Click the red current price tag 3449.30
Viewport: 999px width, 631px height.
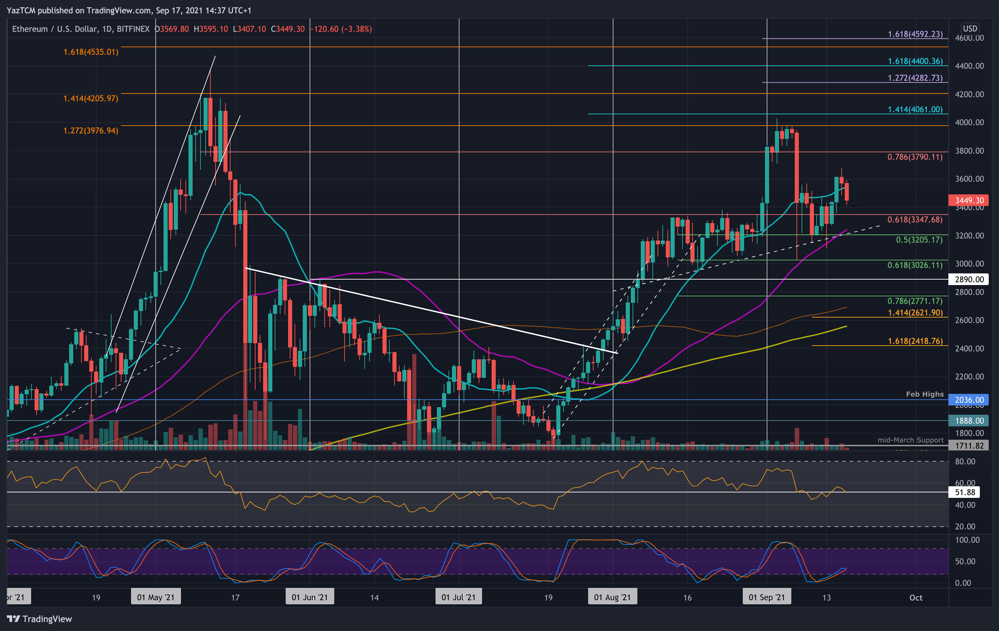(x=969, y=201)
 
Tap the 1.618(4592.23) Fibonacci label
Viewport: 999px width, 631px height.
(x=915, y=34)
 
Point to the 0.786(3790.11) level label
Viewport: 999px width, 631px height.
(x=914, y=157)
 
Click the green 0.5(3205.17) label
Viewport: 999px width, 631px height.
(x=919, y=240)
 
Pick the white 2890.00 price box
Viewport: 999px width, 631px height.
(x=969, y=279)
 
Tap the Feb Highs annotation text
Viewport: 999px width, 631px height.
(x=924, y=394)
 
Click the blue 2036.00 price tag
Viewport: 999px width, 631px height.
(x=969, y=400)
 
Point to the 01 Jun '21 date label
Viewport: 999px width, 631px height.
(x=310, y=597)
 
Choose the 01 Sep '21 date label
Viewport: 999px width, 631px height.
(x=766, y=597)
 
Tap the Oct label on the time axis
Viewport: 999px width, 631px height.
(x=916, y=597)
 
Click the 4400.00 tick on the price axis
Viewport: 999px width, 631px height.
(x=969, y=66)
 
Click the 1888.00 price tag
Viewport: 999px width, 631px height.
(x=969, y=420)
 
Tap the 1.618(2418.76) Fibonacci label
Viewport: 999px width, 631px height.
(x=915, y=341)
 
